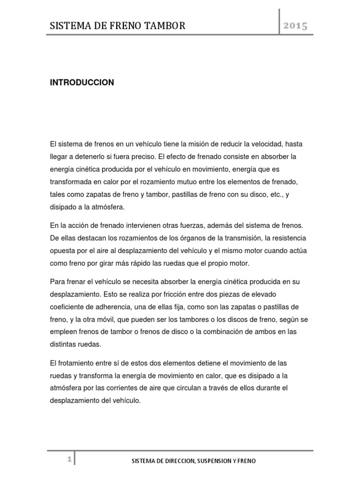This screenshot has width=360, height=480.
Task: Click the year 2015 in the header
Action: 295,26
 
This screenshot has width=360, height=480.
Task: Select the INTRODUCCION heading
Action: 82,82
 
